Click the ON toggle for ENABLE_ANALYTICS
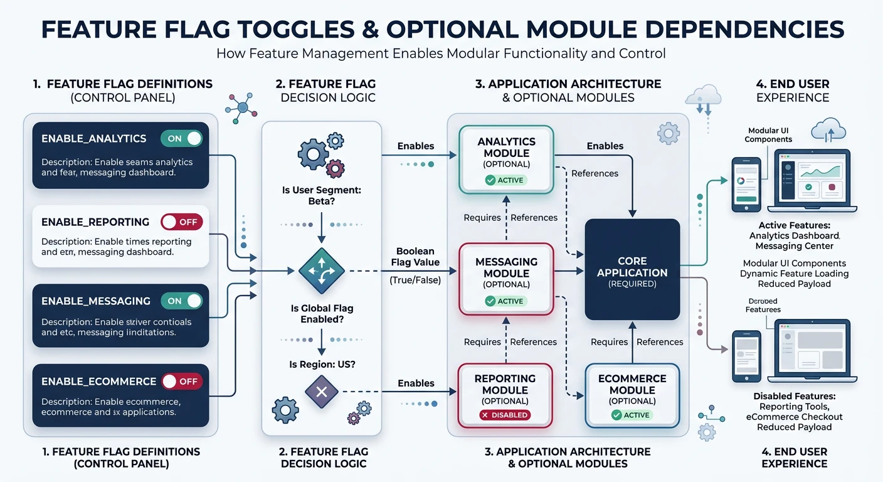pos(182,139)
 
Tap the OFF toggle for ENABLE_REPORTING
pos(182,222)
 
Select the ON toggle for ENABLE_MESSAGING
pos(182,301)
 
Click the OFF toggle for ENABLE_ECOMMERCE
pos(182,381)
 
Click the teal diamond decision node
pos(321,271)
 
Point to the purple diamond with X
pos(321,392)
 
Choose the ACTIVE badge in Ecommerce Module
pos(632,415)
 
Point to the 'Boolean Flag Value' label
pos(415,257)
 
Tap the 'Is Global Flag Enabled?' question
pos(321,314)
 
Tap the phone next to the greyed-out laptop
pos(746,356)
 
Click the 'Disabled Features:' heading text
pos(794,396)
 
